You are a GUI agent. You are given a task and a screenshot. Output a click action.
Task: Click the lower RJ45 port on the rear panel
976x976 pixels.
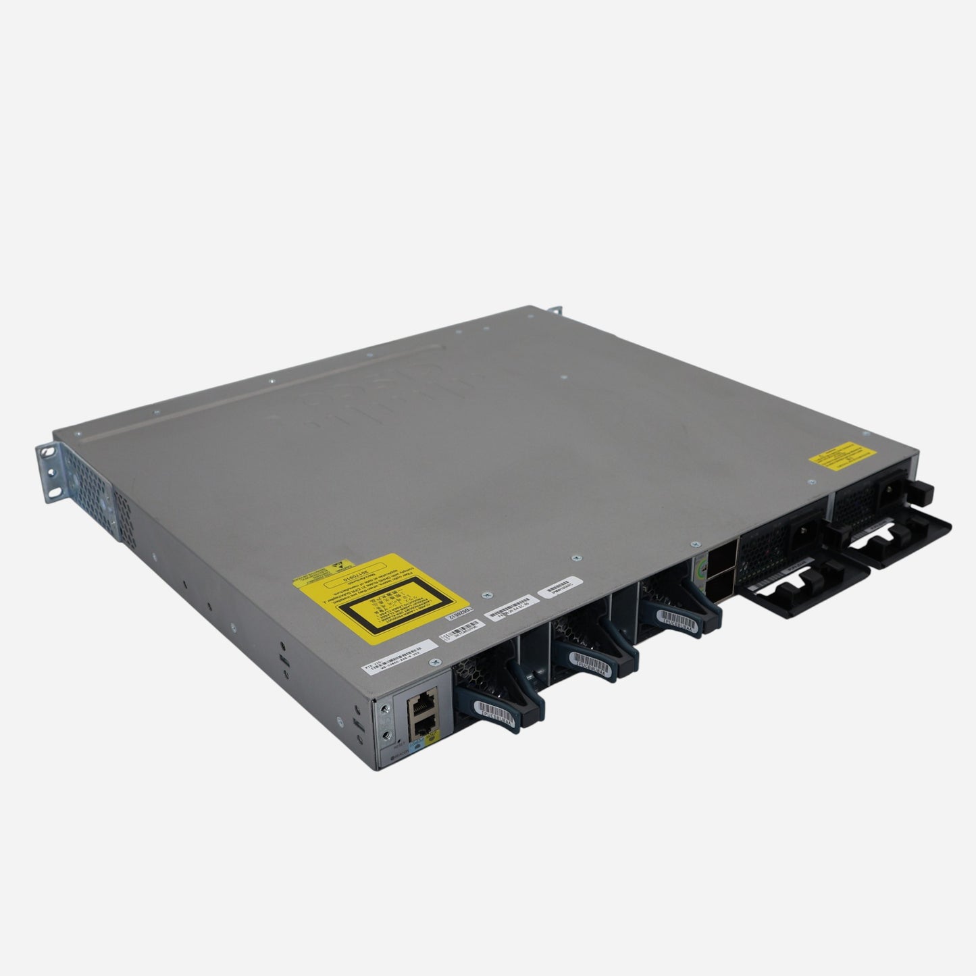tap(423, 725)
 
